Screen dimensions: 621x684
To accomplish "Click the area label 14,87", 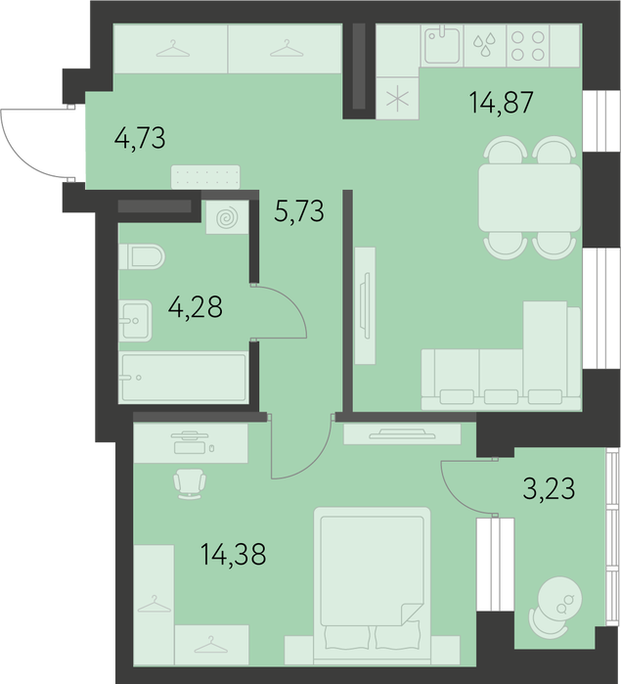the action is click(x=501, y=103).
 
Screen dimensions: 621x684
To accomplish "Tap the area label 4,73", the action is click(x=140, y=138).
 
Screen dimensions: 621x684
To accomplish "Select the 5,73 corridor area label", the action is click(x=299, y=210).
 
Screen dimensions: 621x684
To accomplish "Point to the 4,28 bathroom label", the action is click(x=196, y=306).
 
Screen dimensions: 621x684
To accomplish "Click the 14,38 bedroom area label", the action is click(x=234, y=554).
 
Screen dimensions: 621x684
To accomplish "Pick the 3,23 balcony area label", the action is click(x=549, y=488).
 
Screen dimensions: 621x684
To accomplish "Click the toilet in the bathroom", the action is click(x=142, y=256).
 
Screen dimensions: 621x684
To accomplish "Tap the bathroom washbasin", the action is click(x=135, y=321).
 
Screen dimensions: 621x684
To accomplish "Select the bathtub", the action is click(x=184, y=378).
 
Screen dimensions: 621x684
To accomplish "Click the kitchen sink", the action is click(x=442, y=45).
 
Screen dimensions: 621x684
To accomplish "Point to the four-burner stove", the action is click(x=528, y=45).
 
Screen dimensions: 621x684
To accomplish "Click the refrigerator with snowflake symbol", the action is click(x=397, y=98).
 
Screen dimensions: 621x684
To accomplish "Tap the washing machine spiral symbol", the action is click(x=227, y=217).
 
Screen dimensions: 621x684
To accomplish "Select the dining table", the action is click(x=529, y=198).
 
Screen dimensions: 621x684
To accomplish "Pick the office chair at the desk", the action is click(x=190, y=484).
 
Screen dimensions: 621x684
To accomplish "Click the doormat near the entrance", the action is click(x=205, y=177).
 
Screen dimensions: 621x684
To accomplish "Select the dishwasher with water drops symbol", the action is click(x=485, y=45).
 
